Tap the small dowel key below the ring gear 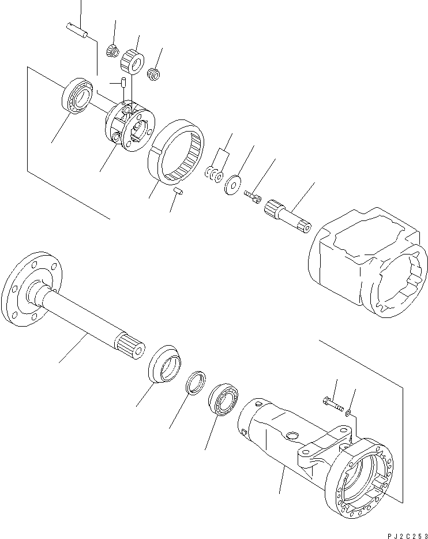point(179,190)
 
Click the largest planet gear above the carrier point(136,61)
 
